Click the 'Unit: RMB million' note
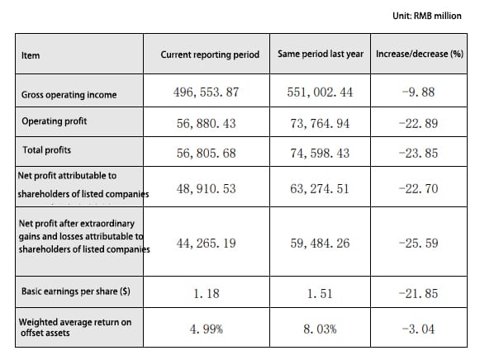click(427, 16)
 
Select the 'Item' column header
click(31, 55)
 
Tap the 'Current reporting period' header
click(210, 54)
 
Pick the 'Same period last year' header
click(321, 54)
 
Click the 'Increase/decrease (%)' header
click(420, 54)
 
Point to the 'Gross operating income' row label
click(69, 95)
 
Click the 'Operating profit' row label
click(55, 121)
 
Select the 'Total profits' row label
click(47, 150)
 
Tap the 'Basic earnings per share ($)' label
click(76, 291)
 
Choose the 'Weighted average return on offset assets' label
click(75, 327)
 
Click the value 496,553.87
click(206, 92)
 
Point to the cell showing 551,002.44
click(320, 92)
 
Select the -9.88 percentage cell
click(419, 92)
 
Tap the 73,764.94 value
click(320, 124)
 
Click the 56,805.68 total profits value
click(206, 154)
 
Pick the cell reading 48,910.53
click(206, 189)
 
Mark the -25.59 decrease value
click(419, 243)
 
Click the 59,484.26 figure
click(320, 243)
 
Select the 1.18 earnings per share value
click(207, 294)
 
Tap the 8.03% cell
click(320, 329)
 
